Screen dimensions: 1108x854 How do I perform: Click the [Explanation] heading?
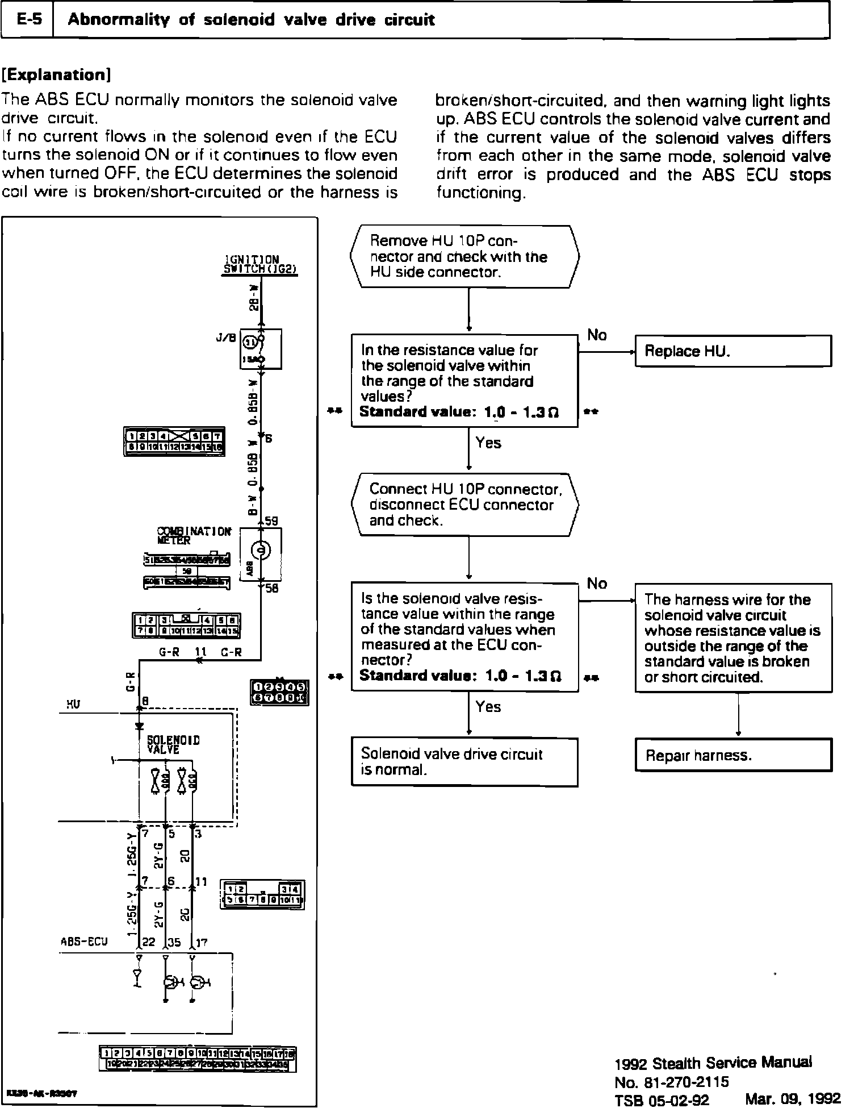pos(56,74)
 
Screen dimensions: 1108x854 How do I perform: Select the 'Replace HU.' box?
pos(732,351)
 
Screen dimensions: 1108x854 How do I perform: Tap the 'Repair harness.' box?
pos(732,755)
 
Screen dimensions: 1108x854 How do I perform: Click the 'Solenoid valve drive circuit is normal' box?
pos(464,761)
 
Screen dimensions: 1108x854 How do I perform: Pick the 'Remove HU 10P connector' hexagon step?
pos(464,257)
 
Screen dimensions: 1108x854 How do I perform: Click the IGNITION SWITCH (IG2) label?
pos(260,265)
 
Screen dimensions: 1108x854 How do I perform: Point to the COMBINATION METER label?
pos(193,535)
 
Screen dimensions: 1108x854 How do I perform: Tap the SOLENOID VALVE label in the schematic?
pos(173,744)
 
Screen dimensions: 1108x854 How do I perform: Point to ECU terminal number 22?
pos(149,942)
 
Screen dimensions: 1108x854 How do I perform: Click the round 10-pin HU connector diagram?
pos(279,693)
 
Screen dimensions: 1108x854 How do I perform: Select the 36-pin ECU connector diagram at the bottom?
pos(198,1058)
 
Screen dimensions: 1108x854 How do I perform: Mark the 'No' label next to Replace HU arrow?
pos(597,335)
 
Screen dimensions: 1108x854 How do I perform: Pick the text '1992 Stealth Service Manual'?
pos(713,1062)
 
